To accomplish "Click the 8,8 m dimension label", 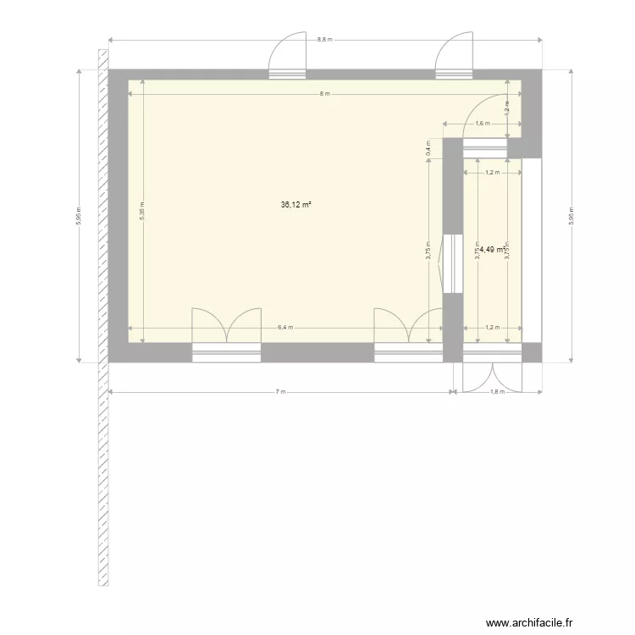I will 325,40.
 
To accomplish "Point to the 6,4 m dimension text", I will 284,328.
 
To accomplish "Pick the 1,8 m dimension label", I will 497,392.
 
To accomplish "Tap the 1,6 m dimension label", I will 482,124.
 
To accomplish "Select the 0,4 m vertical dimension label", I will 428,147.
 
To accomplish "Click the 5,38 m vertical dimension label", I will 142,212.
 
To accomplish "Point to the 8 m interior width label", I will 323,93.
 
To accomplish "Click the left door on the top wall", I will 287,56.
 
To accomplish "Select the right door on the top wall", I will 453,56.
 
